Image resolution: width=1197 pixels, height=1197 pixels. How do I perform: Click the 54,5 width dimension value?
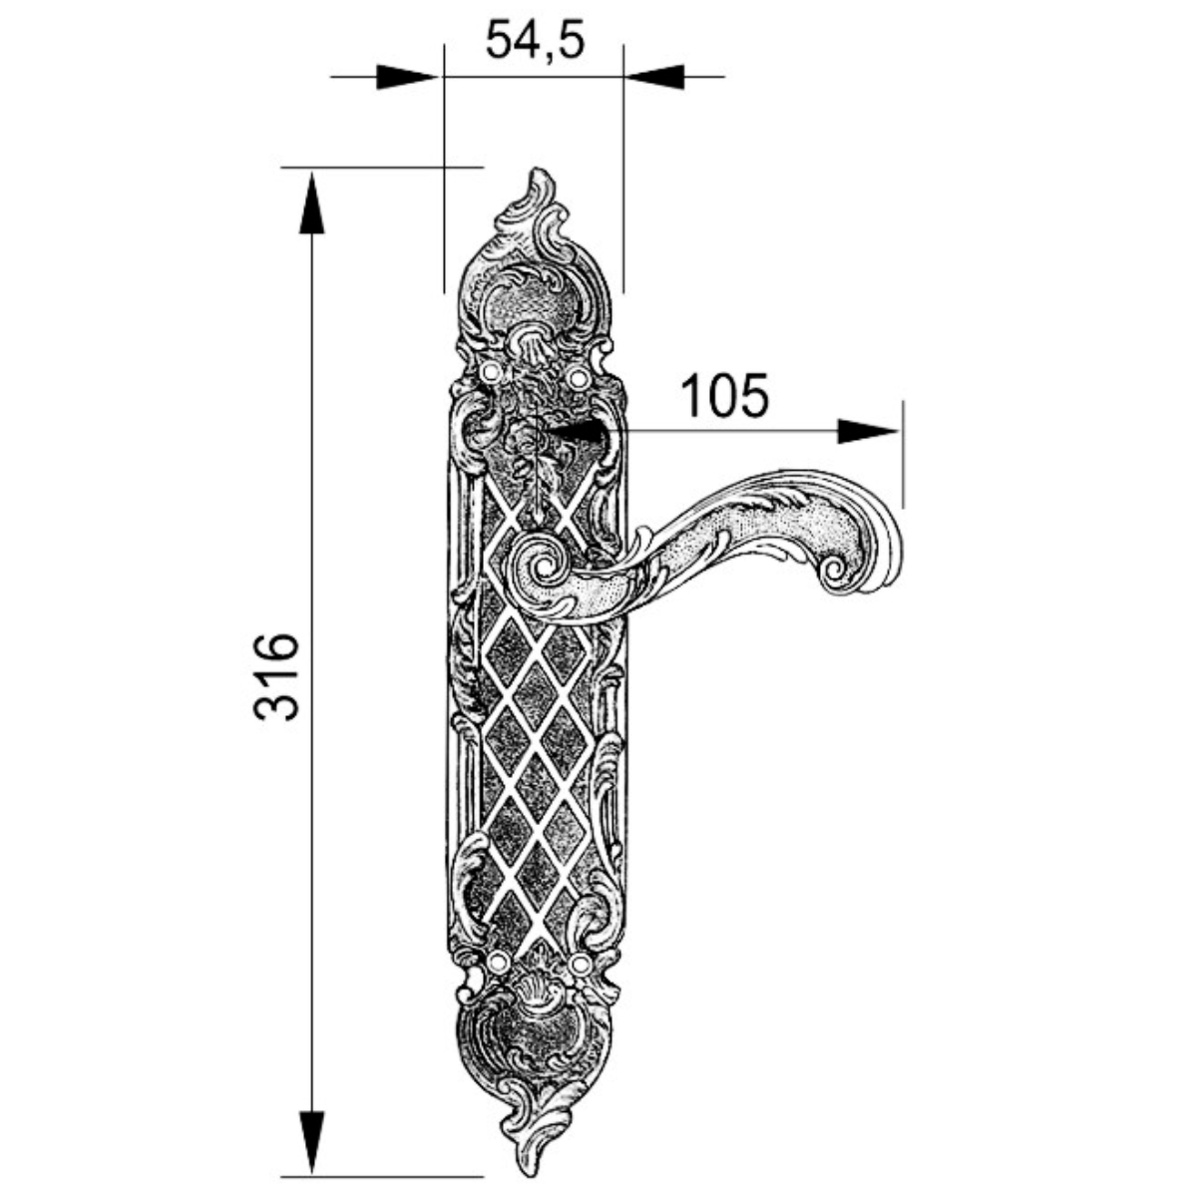pyautogui.click(x=535, y=40)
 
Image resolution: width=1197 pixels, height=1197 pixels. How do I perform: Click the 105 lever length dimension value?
pyautogui.click(x=725, y=396)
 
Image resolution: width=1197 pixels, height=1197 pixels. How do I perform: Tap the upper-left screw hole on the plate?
pyautogui.click(x=492, y=372)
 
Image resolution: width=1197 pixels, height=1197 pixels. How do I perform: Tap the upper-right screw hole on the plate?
pyautogui.click(x=578, y=377)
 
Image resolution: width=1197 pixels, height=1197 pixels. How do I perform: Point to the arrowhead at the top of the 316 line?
pyautogui.click(x=312, y=203)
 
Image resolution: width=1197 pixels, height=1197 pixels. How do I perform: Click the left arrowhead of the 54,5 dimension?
pyautogui.click(x=407, y=77)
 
